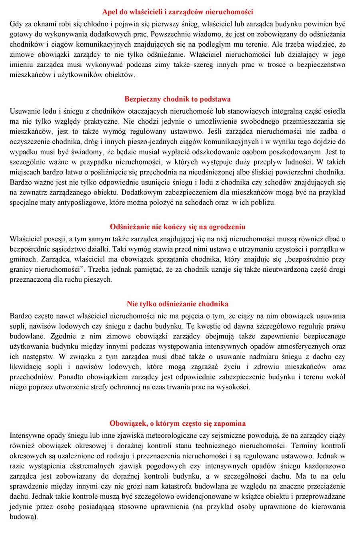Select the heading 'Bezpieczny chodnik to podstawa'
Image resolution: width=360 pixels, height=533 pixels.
(x=178, y=99)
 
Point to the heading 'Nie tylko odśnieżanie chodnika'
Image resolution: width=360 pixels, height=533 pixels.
(x=178, y=304)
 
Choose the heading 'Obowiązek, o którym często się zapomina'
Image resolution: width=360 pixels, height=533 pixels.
(x=178, y=423)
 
